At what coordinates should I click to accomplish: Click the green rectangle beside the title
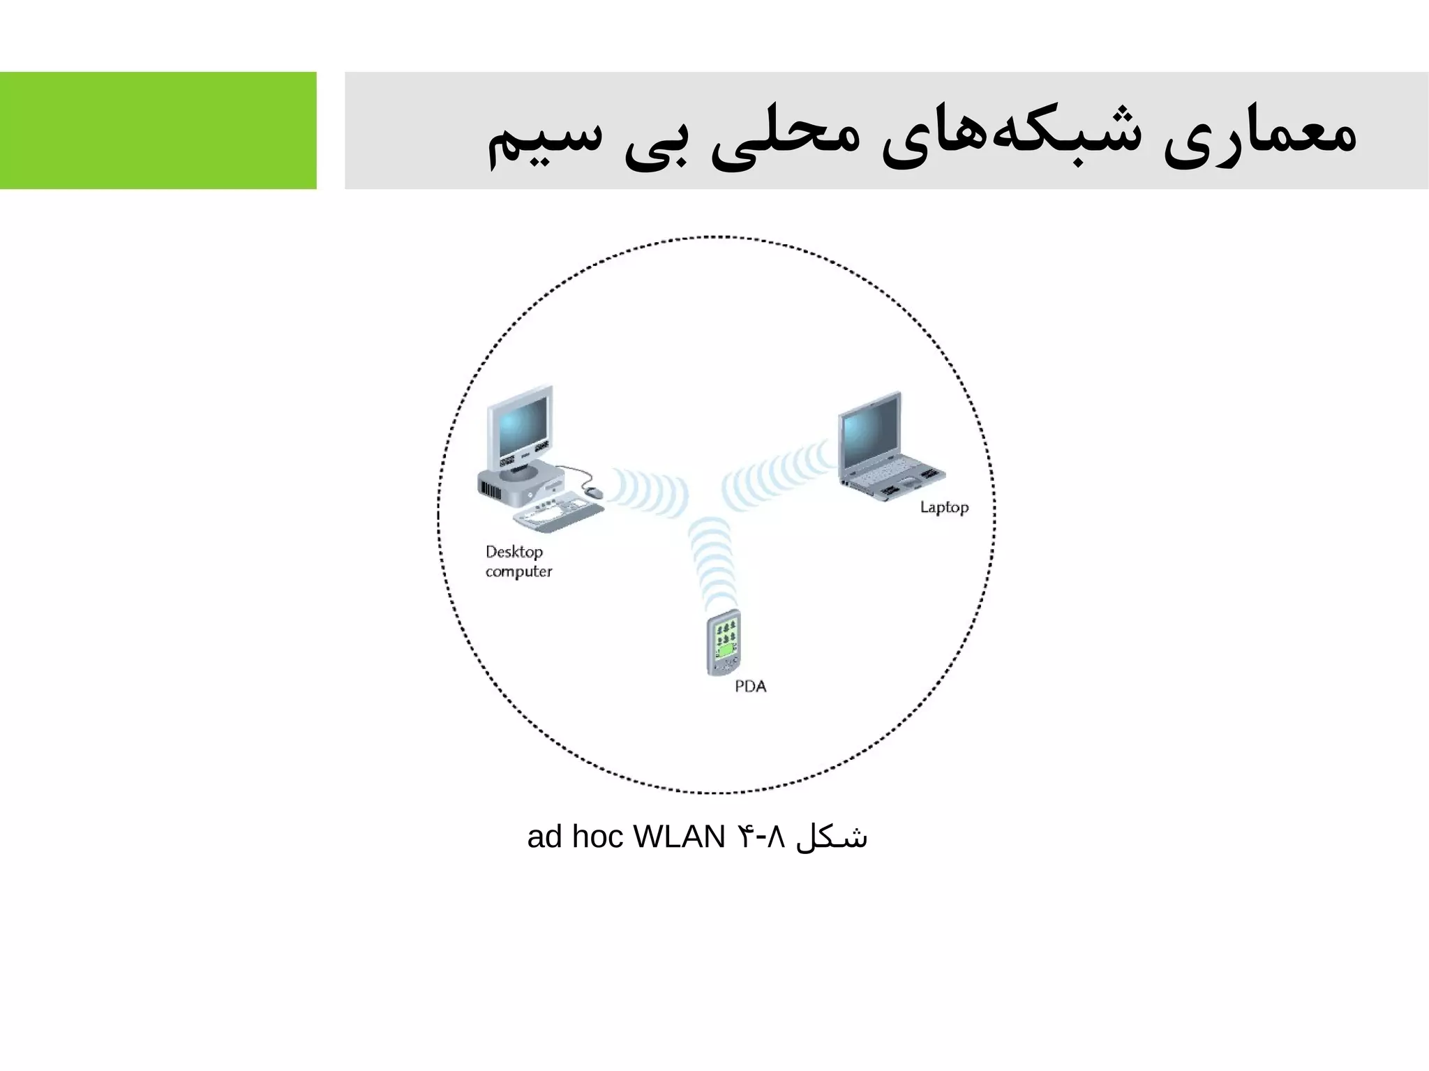point(158,130)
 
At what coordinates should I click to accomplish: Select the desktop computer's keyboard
point(558,512)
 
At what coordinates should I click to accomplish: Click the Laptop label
point(944,507)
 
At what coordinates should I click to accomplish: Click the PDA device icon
point(724,643)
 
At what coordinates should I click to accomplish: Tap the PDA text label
point(750,687)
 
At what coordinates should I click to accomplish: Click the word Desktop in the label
point(514,552)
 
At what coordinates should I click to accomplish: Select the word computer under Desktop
point(518,571)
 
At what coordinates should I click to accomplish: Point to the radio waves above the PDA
point(712,562)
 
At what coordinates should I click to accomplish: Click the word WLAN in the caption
point(679,837)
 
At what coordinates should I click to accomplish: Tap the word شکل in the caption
point(832,837)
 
